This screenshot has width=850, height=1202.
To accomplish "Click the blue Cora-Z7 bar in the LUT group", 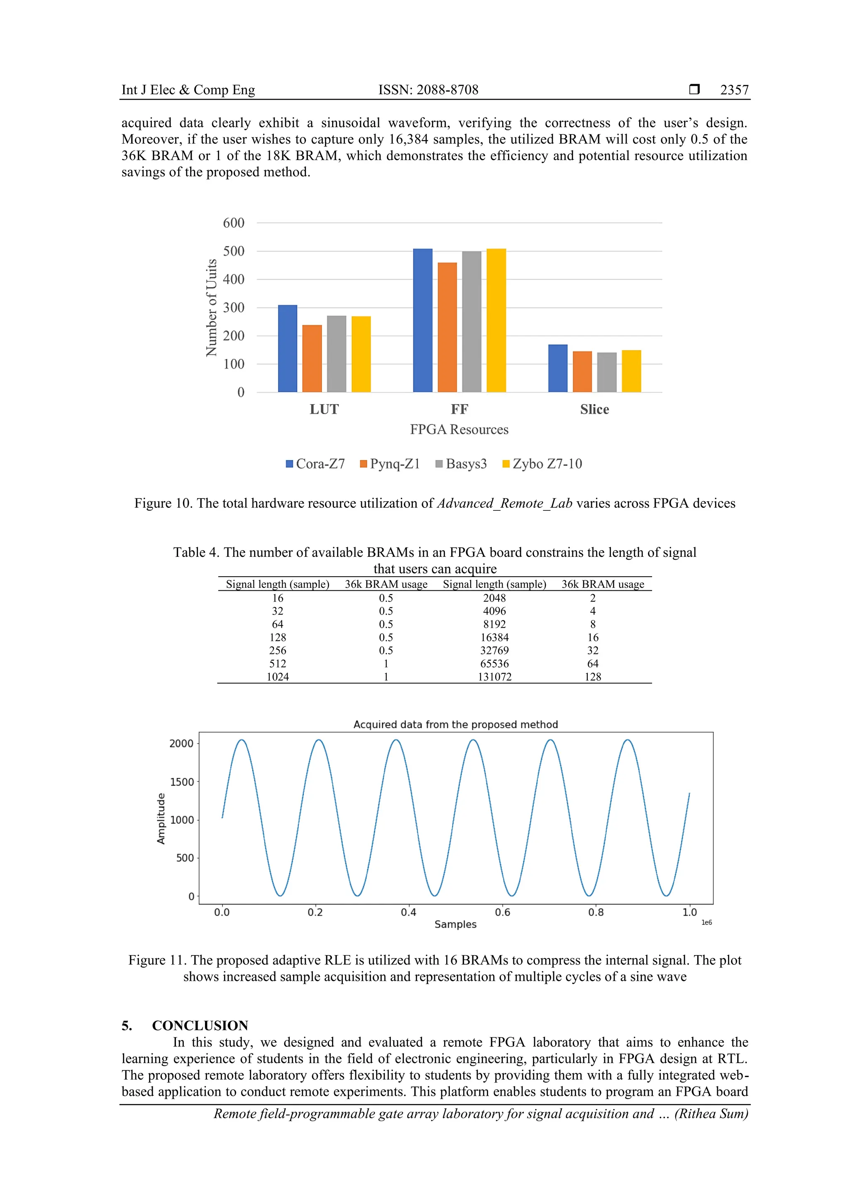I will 288,348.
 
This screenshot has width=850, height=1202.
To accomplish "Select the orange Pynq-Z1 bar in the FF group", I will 447,327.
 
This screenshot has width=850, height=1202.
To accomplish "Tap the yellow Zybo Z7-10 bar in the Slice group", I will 631,371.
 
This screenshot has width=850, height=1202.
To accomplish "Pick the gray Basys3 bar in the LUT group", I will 336,354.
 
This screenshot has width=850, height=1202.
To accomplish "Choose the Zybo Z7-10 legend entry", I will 542,464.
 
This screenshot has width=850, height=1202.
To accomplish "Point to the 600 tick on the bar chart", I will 234,223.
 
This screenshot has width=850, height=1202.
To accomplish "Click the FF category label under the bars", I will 459,410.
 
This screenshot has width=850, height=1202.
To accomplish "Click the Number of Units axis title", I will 211,308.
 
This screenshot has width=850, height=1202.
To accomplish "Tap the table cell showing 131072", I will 494,677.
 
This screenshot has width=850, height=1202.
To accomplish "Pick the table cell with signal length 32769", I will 494,651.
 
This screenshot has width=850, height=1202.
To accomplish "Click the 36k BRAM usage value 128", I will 592,677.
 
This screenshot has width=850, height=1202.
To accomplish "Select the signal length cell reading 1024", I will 278,677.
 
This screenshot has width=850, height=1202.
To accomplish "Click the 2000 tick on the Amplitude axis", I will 181,744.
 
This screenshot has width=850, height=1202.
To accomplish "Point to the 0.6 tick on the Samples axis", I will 502,912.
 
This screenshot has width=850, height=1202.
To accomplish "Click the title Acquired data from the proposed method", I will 456,724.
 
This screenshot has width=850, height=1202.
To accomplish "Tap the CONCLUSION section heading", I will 200,1026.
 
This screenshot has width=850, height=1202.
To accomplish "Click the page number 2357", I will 734,90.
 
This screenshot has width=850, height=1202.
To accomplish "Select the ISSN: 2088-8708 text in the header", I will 428,90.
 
